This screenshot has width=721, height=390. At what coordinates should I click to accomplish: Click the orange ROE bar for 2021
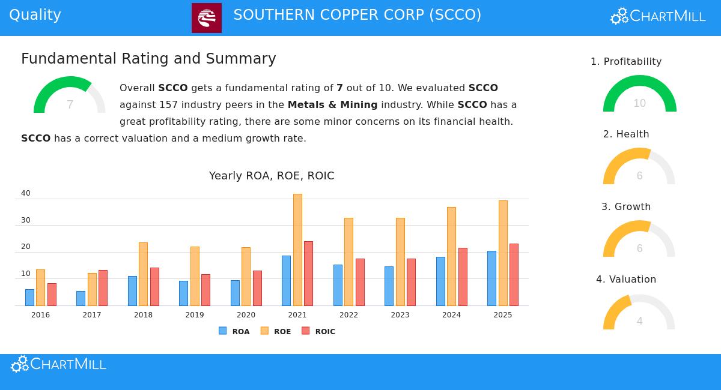point(297,250)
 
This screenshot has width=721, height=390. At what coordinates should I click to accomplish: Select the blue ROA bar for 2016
point(29,298)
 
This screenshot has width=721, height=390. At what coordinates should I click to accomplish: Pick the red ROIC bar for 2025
point(514,275)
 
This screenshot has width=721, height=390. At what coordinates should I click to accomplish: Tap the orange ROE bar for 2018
point(143,274)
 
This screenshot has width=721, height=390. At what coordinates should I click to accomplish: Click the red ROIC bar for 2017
point(103,288)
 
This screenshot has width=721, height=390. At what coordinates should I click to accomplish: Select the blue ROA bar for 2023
point(389,286)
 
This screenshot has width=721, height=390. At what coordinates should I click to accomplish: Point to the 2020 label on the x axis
point(246,315)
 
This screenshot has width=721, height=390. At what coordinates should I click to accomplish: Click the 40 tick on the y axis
point(26,193)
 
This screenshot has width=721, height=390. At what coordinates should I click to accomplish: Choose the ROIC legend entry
point(318,331)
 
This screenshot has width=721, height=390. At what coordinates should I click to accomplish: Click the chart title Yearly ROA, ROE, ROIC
point(272,176)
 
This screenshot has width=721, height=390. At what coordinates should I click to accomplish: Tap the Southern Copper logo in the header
point(207,18)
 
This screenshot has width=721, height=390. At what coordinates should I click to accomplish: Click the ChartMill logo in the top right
point(658,16)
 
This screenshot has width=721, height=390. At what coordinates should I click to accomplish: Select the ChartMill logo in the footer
point(58,364)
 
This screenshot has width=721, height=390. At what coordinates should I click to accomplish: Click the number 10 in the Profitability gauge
point(639,103)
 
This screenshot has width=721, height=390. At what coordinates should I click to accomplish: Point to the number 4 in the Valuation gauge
point(639,321)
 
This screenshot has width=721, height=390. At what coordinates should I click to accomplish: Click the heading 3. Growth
point(626,206)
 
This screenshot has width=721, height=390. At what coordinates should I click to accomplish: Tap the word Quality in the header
point(35,15)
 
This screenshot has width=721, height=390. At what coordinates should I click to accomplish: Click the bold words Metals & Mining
point(332,104)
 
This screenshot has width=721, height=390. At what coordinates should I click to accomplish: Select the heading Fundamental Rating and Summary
point(148,59)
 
